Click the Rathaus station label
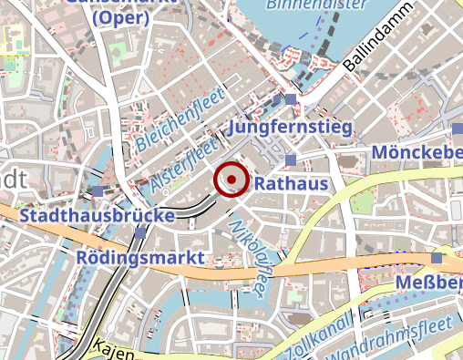coord(291,184)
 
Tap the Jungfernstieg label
coord(290,128)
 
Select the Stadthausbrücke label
coord(98,216)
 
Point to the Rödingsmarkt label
coord(140,258)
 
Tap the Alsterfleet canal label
coord(186,164)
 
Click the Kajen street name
coord(114,350)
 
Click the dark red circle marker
coord(231,179)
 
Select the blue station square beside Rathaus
coord(291,160)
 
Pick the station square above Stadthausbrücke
coord(98,191)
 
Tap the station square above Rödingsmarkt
coord(139,233)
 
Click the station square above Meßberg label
coord(437,258)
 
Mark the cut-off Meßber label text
coord(429,286)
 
